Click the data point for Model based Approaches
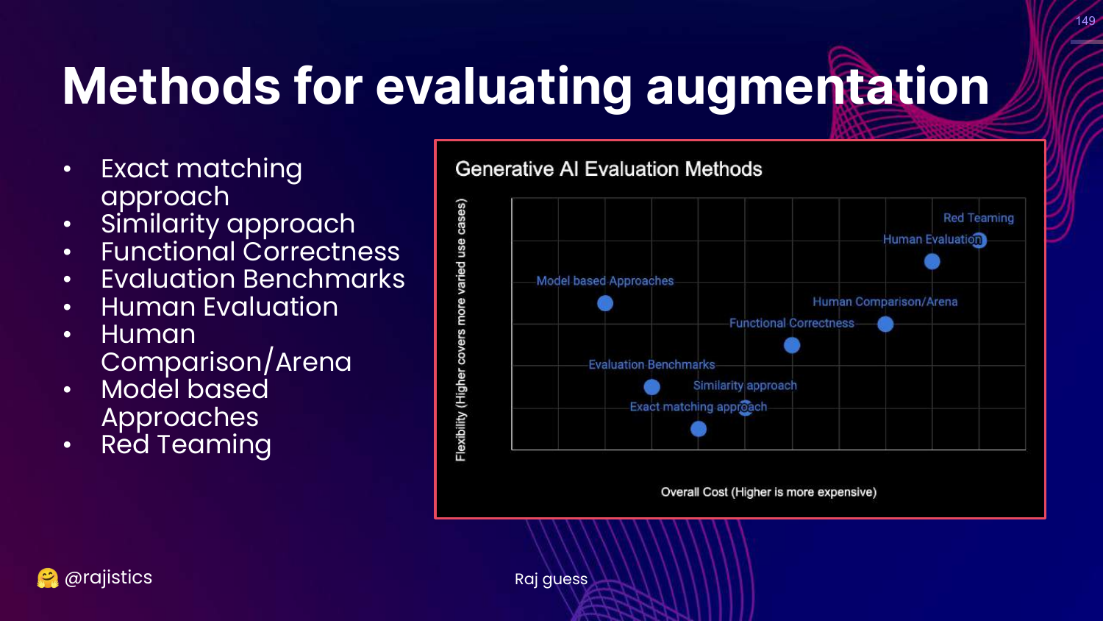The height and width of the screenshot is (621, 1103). pyautogui.click(x=605, y=303)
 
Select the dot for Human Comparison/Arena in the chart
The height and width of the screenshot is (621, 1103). pyautogui.click(x=885, y=324)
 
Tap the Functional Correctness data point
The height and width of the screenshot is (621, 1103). pyautogui.click(x=792, y=345)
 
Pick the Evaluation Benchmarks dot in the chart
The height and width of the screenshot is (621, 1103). pyautogui.click(x=652, y=387)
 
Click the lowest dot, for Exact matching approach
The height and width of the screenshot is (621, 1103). pyautogui.click(x=699, y=429)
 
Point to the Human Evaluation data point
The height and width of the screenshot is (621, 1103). pyautogui.click(x=932, y=261)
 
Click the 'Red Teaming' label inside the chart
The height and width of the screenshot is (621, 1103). pyautogui.click(x=979, y=218)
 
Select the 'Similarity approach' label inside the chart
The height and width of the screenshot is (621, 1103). pyautogui.click(x=745, y=386)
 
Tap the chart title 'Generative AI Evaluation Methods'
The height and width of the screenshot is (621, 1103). pyautogui.click(x=609, y=169)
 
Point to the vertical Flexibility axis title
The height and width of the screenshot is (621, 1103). pyautogui.click(x=460, y=330)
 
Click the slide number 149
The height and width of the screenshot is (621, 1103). pyautogui.click(x=1085, y=21)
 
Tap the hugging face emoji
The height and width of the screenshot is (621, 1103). pyautogui.click(x=47, y=578)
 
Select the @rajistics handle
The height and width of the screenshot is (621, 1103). pyautogui.click(x=108, y=577)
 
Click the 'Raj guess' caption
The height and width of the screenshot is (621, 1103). pyautogui.click(x=551, y=579)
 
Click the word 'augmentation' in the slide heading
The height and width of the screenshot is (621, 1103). pyautogui.click(x=818, y=87)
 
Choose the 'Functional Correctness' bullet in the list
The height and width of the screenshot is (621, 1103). pyautogui.click(x=250, y=252)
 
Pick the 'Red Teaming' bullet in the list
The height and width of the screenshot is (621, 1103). pyautogui.click(x=186, y=444)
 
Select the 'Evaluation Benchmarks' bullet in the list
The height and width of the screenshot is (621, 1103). pyautogui.click(x=253, y=279)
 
